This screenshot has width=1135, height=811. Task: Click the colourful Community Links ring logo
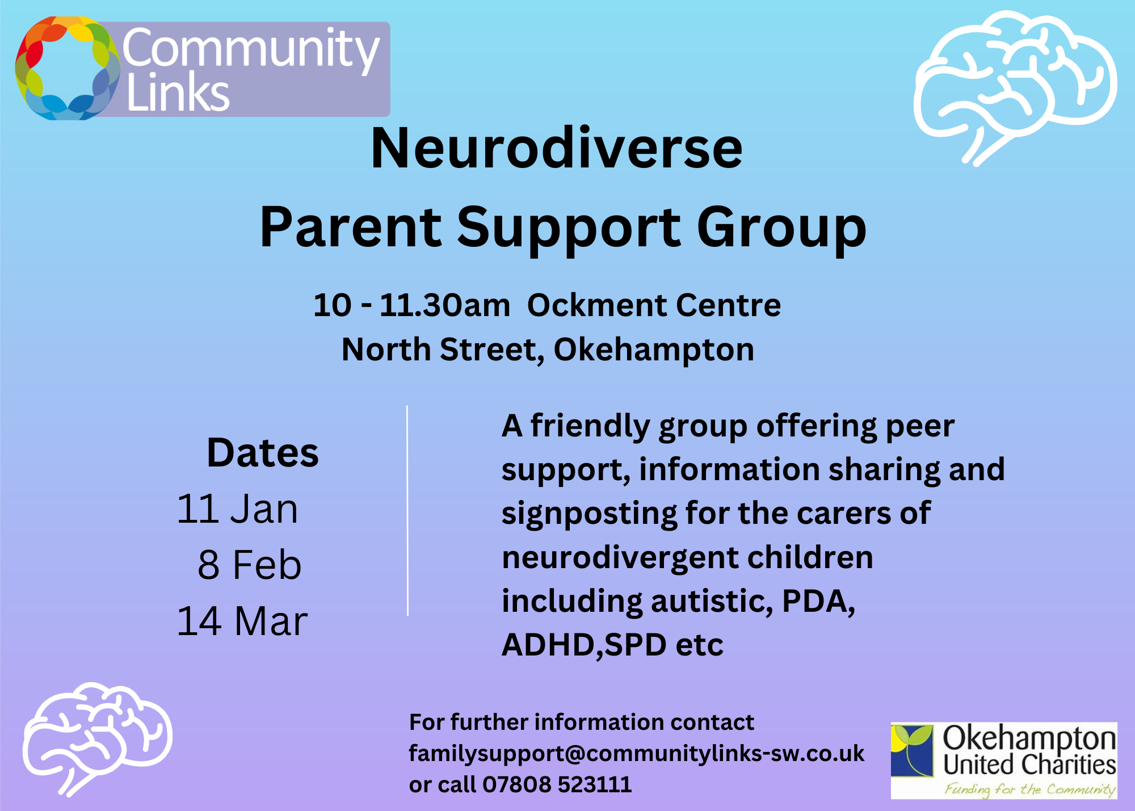[67, 68]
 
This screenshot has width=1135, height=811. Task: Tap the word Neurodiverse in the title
[556, 149]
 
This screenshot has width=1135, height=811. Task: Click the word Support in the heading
[569, 228]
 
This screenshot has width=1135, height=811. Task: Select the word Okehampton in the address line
[654, 350]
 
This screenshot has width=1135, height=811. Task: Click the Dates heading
[263, 453]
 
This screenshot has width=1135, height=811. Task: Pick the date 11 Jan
[237, 509]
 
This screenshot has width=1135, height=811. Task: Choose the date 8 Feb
[249, 565]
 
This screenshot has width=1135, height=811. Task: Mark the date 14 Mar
[242, 621]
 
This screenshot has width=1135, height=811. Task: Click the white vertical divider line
[407, 511]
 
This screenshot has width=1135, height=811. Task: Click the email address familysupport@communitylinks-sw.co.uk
[636, 754]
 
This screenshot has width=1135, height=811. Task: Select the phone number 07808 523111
[557, 785]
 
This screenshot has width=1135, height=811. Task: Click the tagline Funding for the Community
[1029, 789]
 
